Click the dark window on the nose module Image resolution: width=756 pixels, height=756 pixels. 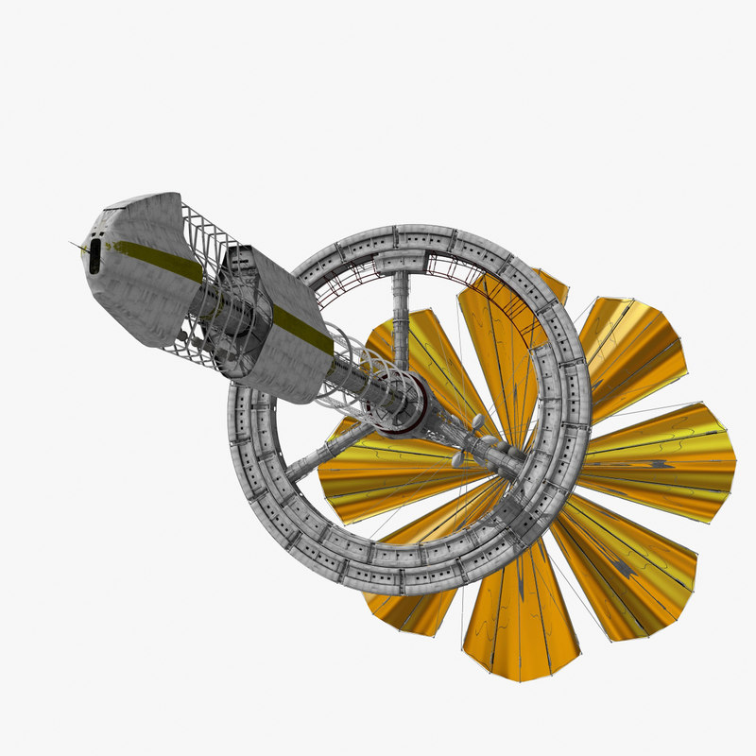(x=94, y=256)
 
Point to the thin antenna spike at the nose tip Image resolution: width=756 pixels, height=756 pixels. (x=76, y=245)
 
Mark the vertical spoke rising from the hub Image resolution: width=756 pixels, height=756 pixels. (x=402, y=321)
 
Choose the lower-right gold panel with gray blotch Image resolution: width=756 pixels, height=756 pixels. (x=628, y=567)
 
